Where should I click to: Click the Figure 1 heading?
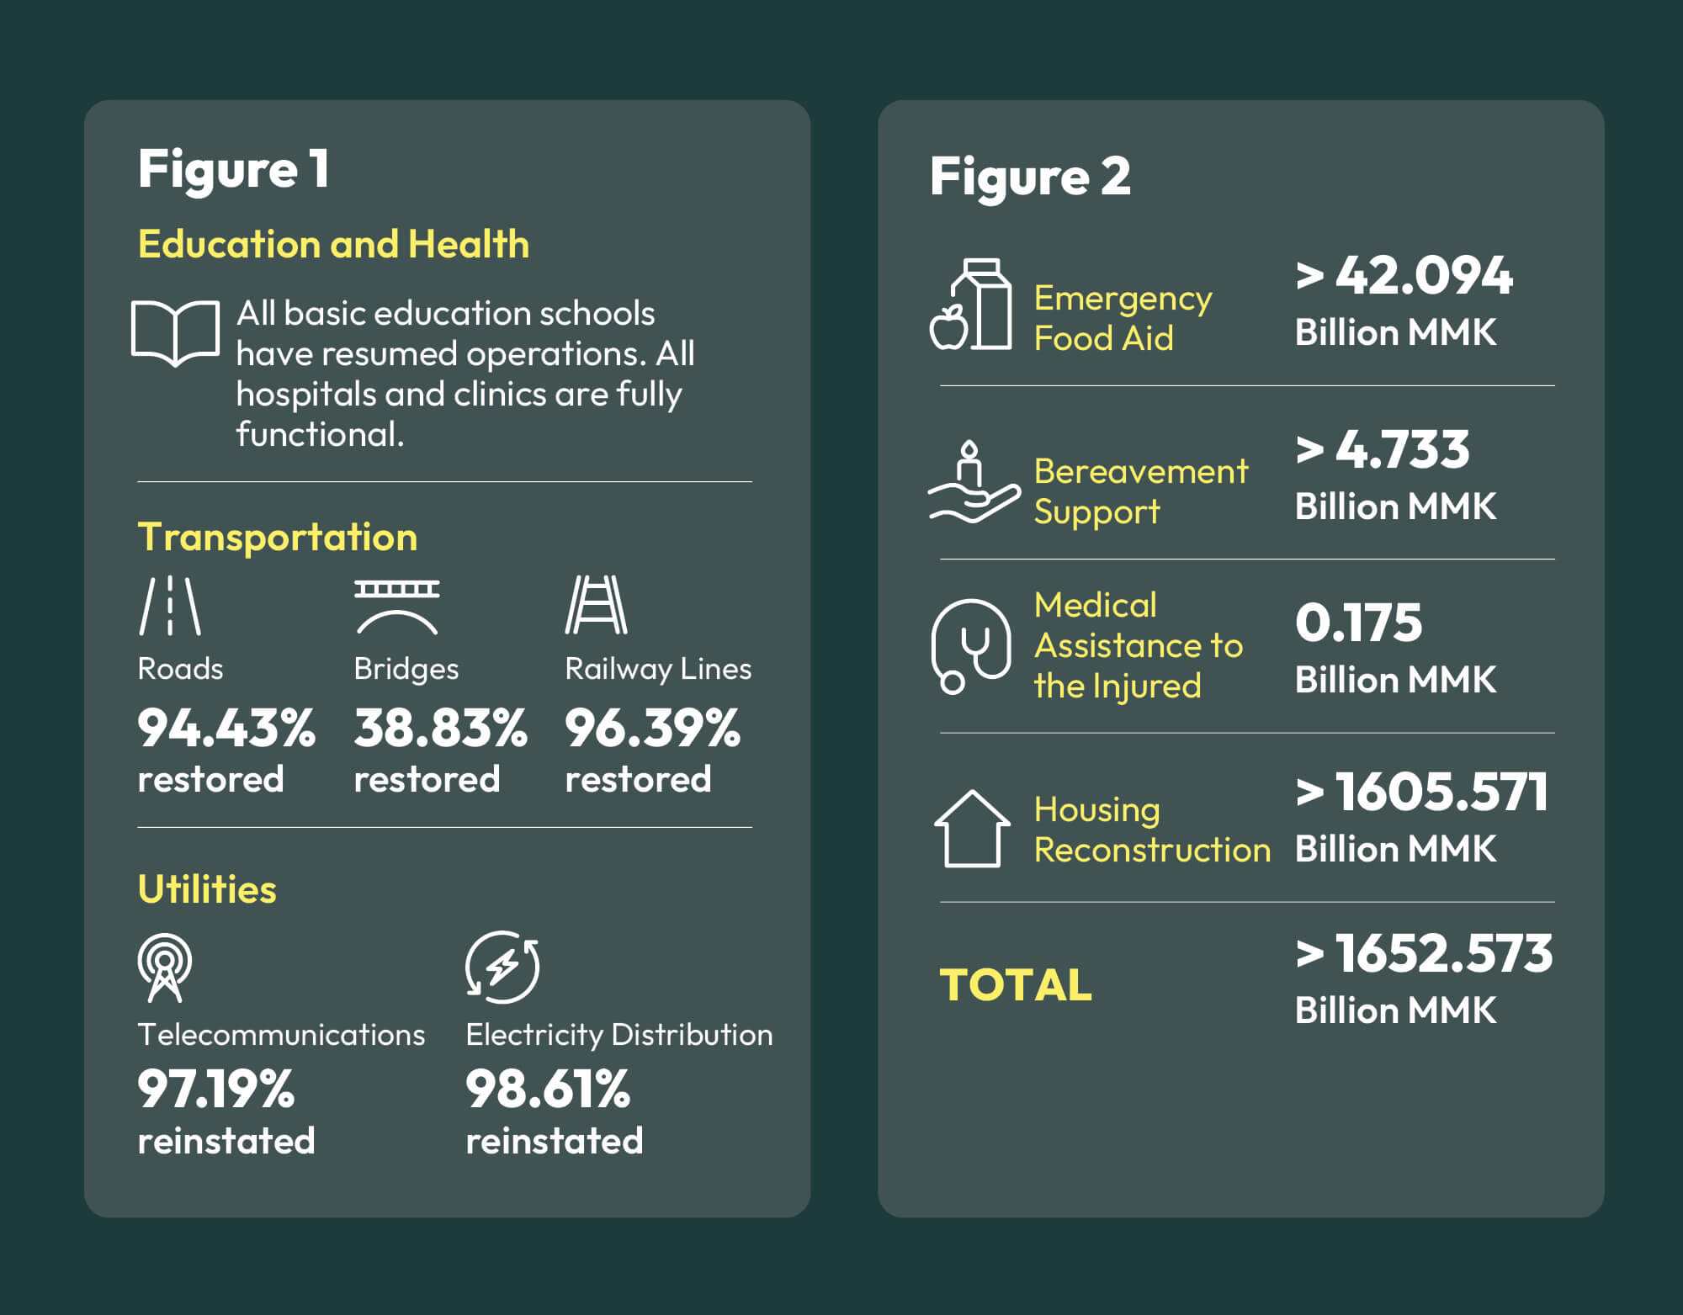pos(233,169)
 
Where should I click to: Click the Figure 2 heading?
pos(1030,177)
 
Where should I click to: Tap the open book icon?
pos(175,332)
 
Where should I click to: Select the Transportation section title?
pos(278,537)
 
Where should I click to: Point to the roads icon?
pos(170,605)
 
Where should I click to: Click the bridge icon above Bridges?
pos(396,607)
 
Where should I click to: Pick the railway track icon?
pos(596,605)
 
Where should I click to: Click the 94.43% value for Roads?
pos(226,728)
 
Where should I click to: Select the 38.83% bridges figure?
pos(440,728)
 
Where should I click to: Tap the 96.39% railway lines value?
pos(652,728)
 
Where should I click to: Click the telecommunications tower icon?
pos(165,968)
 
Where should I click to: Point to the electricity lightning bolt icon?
pos(502,967)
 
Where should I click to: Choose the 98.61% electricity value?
pos(548,1089)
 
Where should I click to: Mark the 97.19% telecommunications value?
pos(216,1089)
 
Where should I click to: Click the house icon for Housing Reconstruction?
pos(972,829)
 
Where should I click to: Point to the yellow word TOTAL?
pos(1016,984)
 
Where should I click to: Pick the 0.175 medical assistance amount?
pos(1358,623)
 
